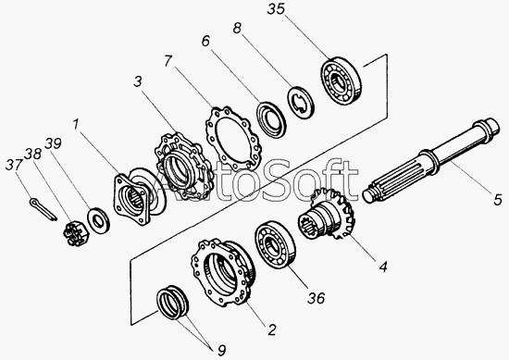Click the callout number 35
[x=276, y=9]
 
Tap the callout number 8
[x=237, y=29]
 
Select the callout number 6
[x=205, y=42]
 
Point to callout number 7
[x=168, y=61]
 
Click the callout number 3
[x=138, y=81]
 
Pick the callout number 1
[x=76, y=124]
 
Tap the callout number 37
[x=14, y=165]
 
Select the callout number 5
[x=498, y=199]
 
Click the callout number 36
[x=316, y=298]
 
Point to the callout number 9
[x=221, y=351]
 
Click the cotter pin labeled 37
[x=43, y=210]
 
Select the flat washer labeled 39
[x=98, y=221]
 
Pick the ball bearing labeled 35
[x=341, y=81]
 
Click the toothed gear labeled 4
[x=327, y=216]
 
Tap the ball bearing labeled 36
[x=275, y=243]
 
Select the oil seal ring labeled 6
[x=271, y=119]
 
